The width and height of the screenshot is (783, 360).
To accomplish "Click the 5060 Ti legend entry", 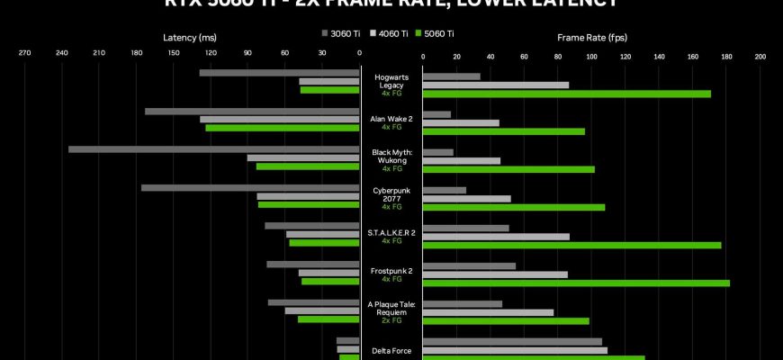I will (x=436, y=34).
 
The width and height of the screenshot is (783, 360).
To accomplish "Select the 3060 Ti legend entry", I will (x=341, y=34).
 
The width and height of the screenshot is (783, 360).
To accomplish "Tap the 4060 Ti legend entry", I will (x=389, y=34).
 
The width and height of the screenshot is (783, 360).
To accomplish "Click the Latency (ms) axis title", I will (x=189, y=38).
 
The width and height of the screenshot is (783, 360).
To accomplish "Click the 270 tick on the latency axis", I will (x=24, y=56).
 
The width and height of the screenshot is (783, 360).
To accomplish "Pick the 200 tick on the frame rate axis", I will (x=760, y=56).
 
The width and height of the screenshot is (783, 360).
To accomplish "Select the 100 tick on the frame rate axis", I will (x=591, y=56).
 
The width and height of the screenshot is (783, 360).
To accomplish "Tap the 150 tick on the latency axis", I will (x=174, y=56).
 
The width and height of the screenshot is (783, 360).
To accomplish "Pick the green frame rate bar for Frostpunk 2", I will (x=576, y=283).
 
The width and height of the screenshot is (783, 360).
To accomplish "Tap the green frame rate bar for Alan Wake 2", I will (x=503, y=131).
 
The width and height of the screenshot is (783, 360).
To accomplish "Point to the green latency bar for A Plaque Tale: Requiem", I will (x=328, y=319).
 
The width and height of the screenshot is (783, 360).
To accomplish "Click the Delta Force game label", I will (x=391, y=351).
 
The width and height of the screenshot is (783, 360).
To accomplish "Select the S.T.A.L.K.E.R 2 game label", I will (x=391, y=232).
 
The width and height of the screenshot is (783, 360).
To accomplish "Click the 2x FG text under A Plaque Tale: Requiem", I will (x=391, y=320).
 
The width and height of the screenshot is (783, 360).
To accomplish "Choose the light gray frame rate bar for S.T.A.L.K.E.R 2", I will (x=496, y=237).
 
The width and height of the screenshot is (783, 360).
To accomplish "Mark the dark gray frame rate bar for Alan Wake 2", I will (x=436, y=114).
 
